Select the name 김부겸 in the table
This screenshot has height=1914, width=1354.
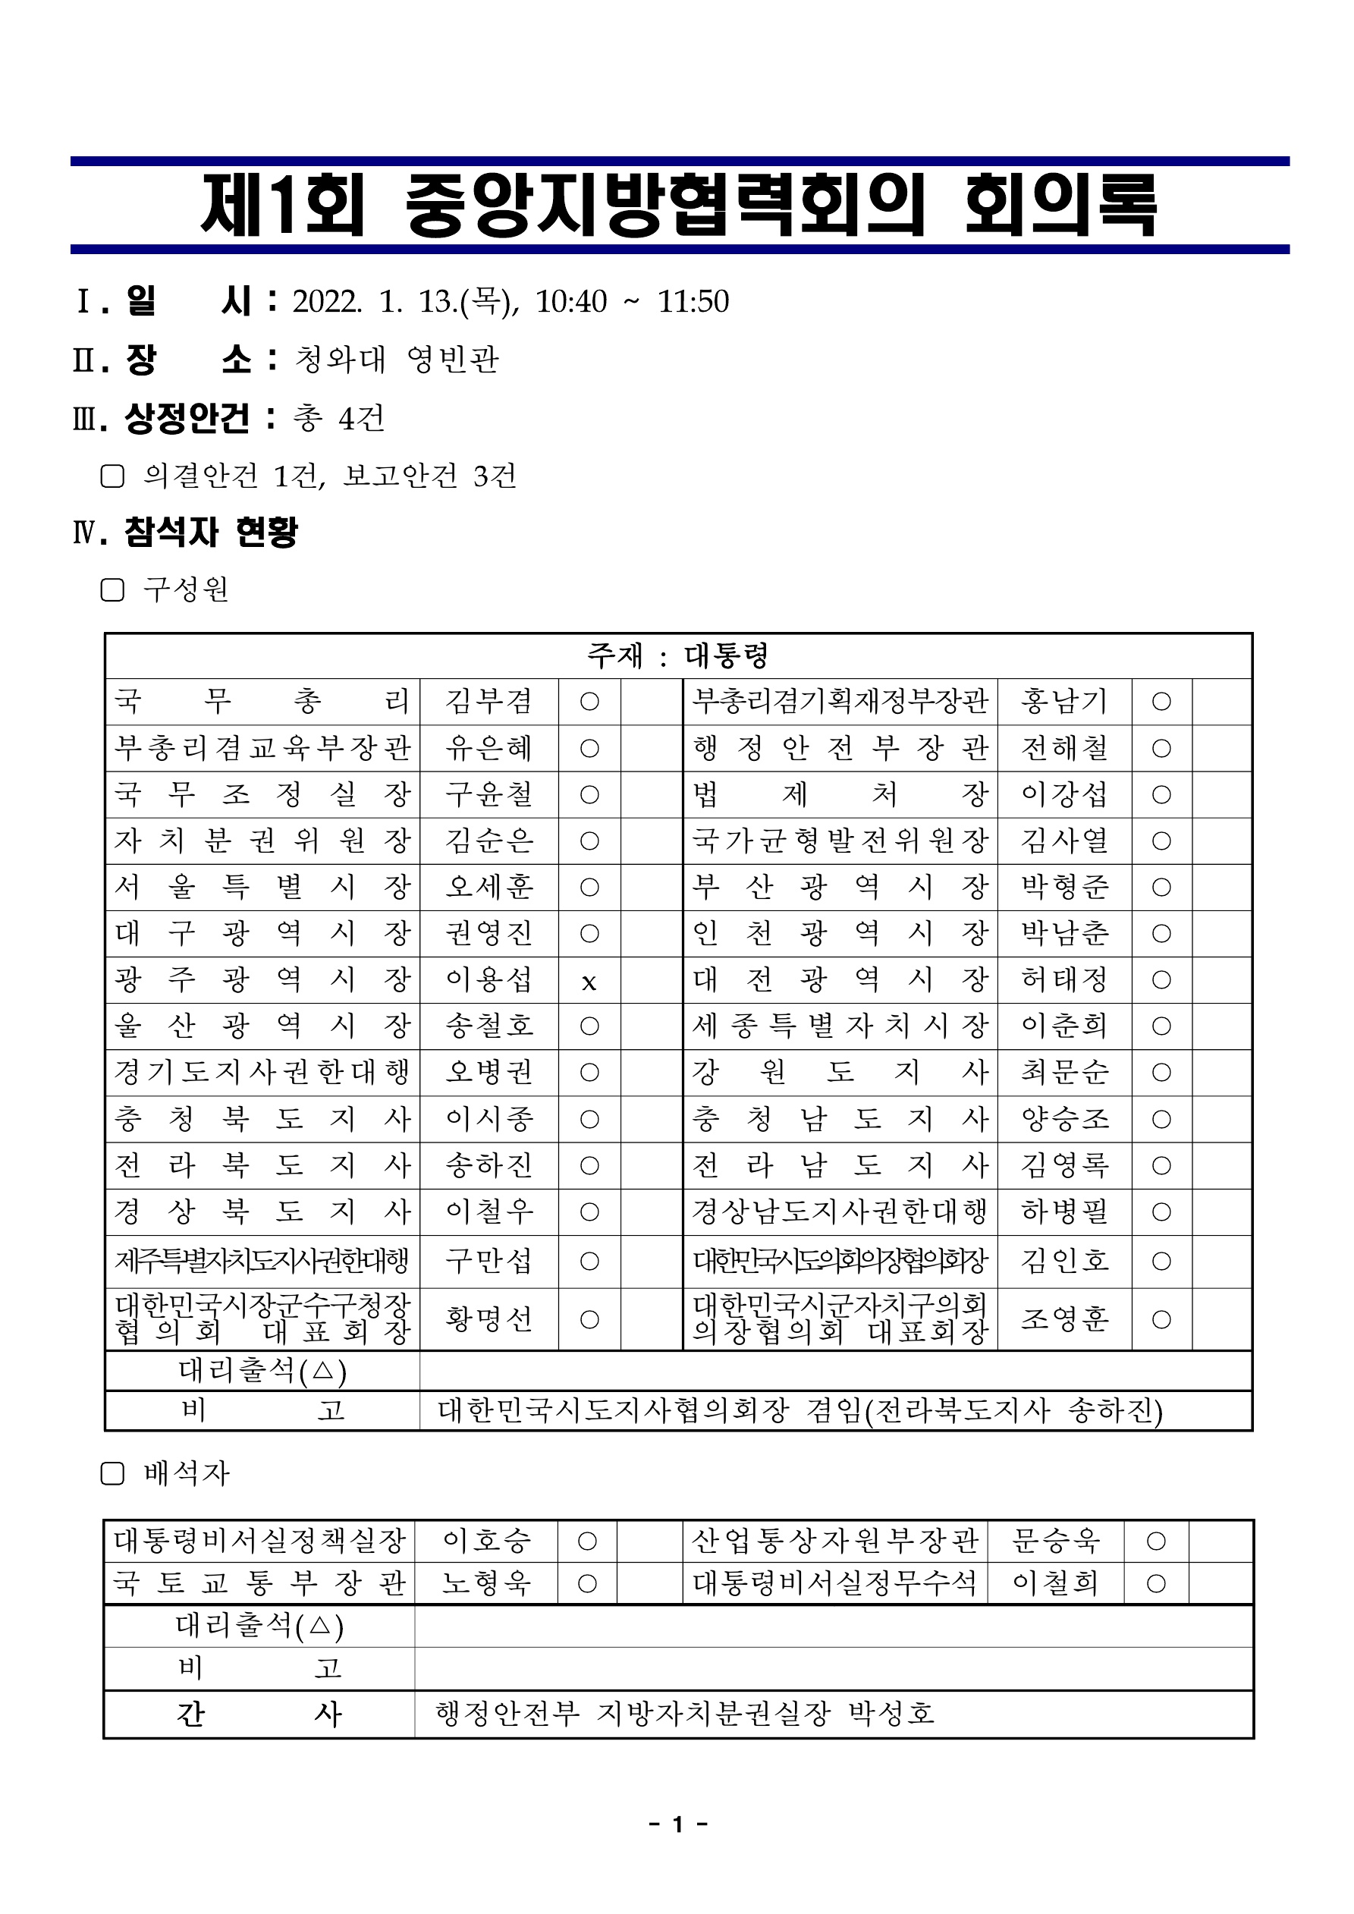pyautogui.click(x=489, y=701)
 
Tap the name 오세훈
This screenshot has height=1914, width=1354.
pyautogui.click(x=489, y=886)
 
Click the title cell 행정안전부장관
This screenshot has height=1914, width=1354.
pyautogui.click(x=840, y=748)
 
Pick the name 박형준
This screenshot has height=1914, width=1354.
pyautogui.click(x=1065, y=886)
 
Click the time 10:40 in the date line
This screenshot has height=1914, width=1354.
pyautogui.click(x=571, y=302)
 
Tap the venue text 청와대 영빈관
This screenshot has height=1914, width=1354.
pyautogui.click(x=397, y=360)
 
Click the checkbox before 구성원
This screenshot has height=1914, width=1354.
pyautogui.click(x=112, y=590)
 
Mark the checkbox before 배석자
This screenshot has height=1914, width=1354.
pyautogui.click(x=112, y=1474)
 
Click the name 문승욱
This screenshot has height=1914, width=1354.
pyautogui.click(x=1056, y=1541)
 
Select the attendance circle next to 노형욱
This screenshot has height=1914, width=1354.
pyautogui.click(x=587, y=1583)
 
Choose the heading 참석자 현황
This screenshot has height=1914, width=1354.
pyautogui.click(x=210, y=532)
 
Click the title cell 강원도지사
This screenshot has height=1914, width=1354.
pyautogui.click(x=840, y=1072)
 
